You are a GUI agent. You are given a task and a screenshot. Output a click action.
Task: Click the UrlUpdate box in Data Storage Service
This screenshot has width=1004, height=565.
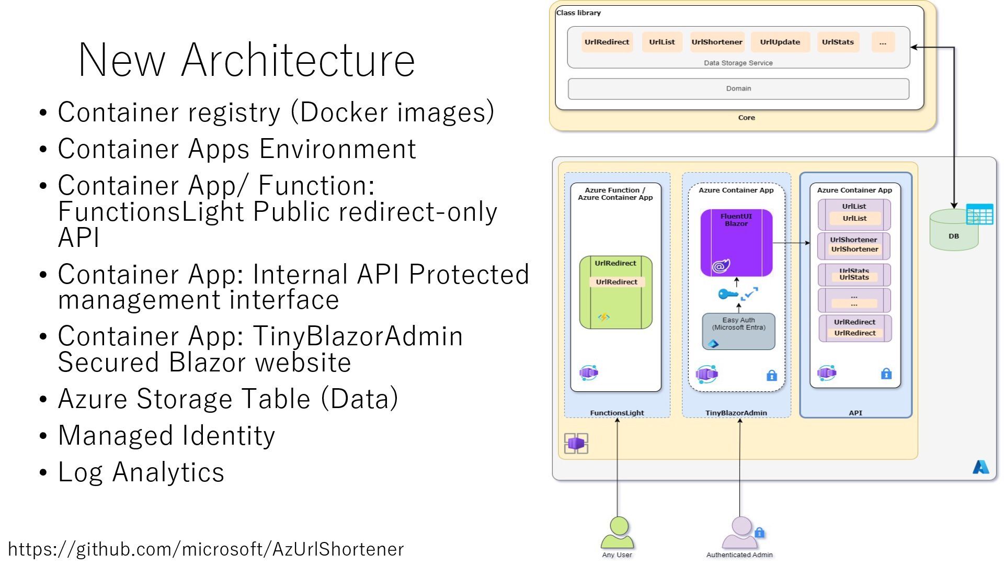coord(780,42)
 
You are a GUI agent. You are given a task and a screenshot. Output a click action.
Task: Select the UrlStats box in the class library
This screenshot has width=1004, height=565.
coord(838,42)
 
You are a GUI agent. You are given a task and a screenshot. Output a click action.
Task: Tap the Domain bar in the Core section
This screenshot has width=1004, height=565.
coord(738,89)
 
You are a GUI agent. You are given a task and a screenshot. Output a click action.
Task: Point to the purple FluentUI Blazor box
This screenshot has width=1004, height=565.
coord(736,242)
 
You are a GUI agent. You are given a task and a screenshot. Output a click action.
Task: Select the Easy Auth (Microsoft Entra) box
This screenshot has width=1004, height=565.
coord(738,331)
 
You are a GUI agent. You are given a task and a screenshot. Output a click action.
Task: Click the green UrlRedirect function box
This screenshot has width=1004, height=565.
coord(615,292)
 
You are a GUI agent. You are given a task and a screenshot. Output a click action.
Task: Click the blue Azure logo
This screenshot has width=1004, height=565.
coord(980,467)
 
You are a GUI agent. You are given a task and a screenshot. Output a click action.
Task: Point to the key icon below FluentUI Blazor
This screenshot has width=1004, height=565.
coord(727,295)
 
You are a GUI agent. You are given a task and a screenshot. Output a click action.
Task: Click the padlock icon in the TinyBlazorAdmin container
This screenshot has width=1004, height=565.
coord(771,375)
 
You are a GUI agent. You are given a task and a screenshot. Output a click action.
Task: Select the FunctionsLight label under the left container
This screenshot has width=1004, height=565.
coord(617,413)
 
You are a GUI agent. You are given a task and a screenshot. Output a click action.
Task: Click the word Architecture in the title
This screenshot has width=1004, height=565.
coord(298,60)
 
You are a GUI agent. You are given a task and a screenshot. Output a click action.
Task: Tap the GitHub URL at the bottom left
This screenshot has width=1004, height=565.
coord(206,549)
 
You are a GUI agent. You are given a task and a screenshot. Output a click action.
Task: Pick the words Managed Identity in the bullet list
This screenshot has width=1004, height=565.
coord(166,435)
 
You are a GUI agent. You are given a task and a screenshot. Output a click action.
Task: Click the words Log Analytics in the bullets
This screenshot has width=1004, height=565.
coord(141,472)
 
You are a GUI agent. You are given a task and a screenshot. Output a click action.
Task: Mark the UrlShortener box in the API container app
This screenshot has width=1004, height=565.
coord(854,245)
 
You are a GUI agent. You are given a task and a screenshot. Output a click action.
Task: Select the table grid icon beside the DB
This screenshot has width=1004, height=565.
coord(979,214)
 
